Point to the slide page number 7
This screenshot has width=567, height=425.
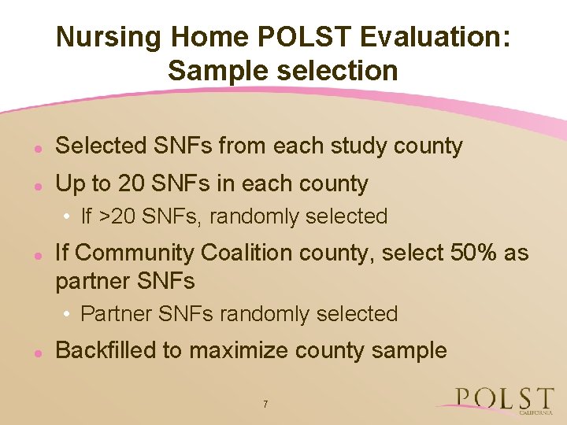point(265,405)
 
